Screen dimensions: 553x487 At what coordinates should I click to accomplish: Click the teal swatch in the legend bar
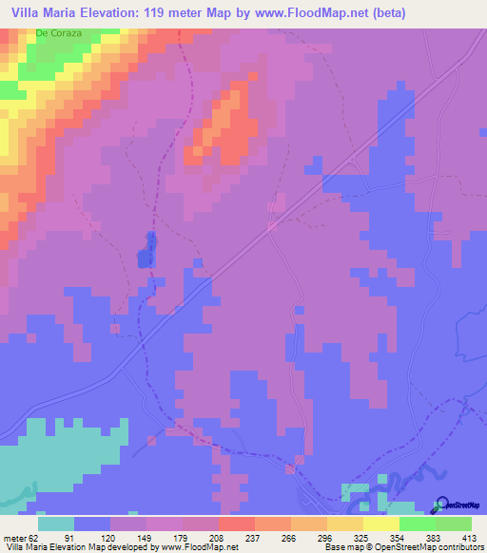(x=56, y=524)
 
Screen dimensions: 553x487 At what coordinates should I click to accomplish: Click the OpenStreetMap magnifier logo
(x=441, y=505)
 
